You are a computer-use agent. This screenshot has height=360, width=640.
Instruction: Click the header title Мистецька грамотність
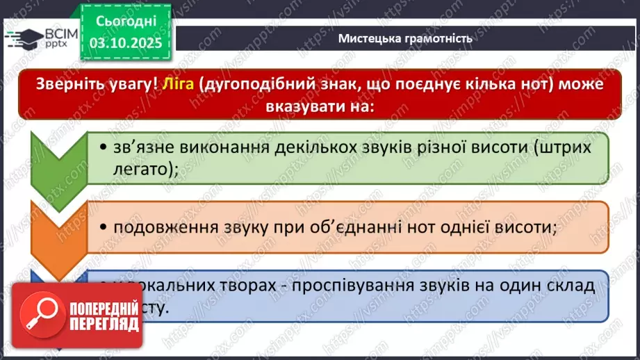point(405,38)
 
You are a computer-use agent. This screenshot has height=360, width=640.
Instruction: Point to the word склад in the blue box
point(569,286)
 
